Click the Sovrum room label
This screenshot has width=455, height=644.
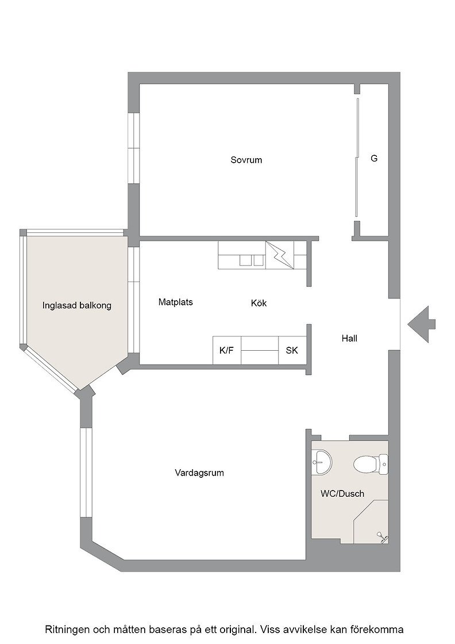246,160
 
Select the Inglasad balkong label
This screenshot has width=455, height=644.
77,305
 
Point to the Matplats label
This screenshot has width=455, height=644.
176,302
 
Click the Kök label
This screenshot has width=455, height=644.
259,303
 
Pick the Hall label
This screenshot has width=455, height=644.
349,339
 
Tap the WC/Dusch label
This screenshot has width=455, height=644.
342,494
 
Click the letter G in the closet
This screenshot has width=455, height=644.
374,158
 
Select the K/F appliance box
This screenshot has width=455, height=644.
227,350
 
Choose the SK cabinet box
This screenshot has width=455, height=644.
292,350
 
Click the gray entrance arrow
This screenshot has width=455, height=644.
421,324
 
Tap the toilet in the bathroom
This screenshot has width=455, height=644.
371,464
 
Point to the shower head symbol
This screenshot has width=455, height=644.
383,537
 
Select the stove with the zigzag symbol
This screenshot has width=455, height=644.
280,255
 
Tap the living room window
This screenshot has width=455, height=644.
86,472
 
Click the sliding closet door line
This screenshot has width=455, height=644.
357,158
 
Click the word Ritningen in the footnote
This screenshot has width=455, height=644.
67,629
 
